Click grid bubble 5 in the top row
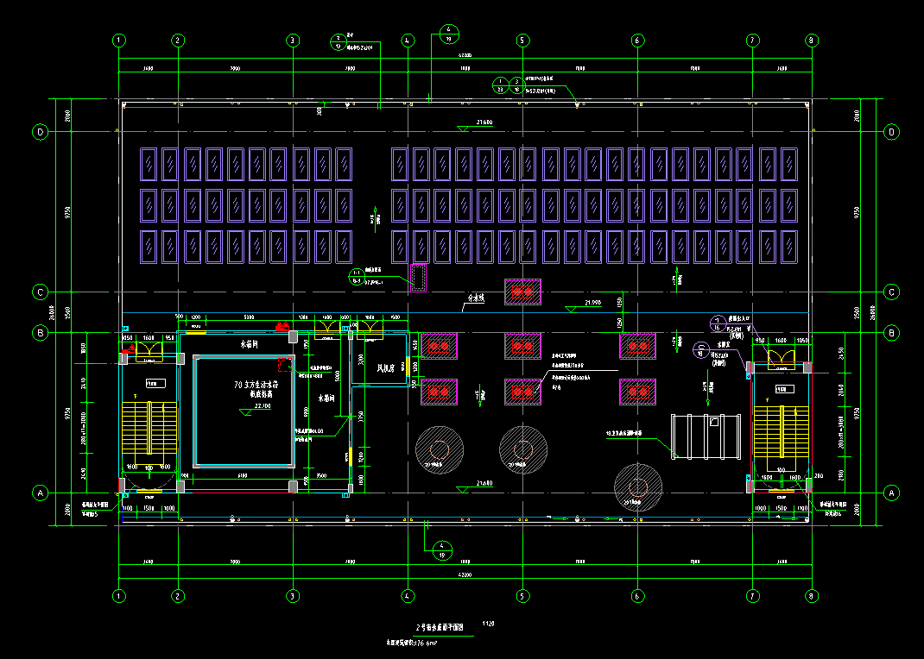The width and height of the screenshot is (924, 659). coord(522,41)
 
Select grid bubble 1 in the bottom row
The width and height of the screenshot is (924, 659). coord(119,595)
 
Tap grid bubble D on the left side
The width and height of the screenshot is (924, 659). coord(40,132)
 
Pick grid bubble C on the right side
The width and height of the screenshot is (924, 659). coord(891,292)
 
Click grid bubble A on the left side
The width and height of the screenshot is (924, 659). coord(40,493)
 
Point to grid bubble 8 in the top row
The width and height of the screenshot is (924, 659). coord(811,41)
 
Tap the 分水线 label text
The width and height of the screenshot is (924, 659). coord(476,298)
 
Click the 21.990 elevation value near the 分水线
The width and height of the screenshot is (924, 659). coord(592,303)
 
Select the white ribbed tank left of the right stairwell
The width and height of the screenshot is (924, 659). coord(707,436)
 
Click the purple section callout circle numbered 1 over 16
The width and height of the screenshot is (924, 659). coord(716,323)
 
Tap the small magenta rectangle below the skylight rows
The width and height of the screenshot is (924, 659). coord(419,279)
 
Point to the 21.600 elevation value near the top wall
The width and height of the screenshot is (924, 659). coord(484,122)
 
